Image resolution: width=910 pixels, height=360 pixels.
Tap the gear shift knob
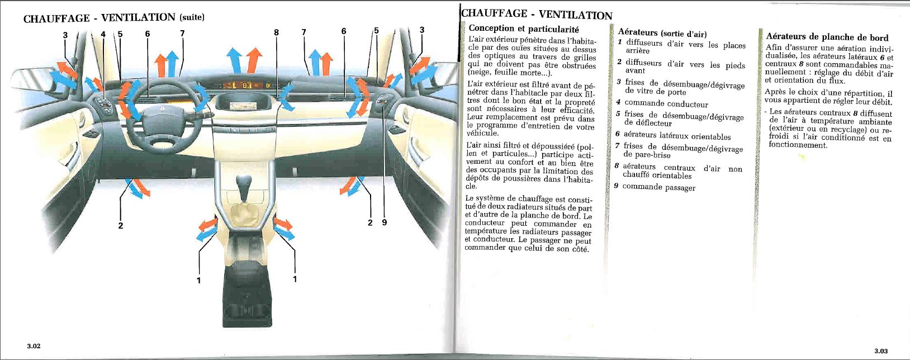pyautogui.click(x=245, y=184)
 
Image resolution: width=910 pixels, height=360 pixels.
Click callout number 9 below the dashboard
pyautogui.click(x=384, y=222)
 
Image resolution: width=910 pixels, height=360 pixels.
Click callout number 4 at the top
pyautogui.click(x=103, y=34)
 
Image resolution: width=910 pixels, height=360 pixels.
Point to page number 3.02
pyautogui.click(x=34, y=346)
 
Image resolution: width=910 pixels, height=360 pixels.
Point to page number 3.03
pyautogui.click(x=881, y=350)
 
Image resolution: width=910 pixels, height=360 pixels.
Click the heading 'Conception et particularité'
pyautogui.click(x=523, y=29)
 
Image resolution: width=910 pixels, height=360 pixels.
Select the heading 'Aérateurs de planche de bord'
pyautogui.click(x=827, y=37)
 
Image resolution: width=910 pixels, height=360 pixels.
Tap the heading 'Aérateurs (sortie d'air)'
pyautogui.click(x=662, y=33)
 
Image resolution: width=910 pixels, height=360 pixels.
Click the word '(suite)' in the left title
pyautogui.click(x=191, y=17)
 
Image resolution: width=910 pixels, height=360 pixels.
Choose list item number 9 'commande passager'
pyautogui.click(x=658, y=187)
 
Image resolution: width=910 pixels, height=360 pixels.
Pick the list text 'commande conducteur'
pyautogui.click(x=666, y=104)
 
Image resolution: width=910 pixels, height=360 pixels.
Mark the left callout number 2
pyautogui.click(x=120, y=226)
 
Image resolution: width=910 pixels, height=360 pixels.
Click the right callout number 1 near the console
pyautogui.click(x=295, y=278)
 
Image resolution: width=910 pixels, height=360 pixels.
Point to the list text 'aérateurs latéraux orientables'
pyautogui.click(x=676, y=136)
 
